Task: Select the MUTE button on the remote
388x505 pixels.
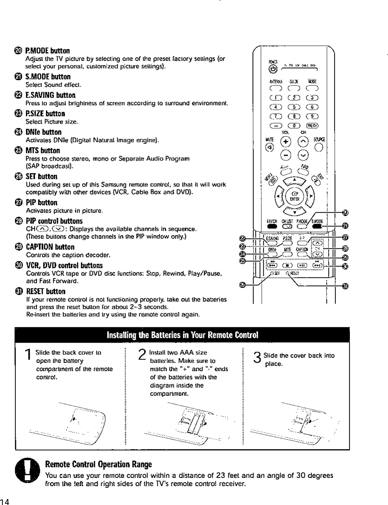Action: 270,148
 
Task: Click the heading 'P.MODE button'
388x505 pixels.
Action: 47,51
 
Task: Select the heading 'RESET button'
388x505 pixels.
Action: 46,292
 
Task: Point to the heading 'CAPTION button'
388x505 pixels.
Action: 50,247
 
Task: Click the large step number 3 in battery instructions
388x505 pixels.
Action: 257,357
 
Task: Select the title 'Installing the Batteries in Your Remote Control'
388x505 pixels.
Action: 182,335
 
